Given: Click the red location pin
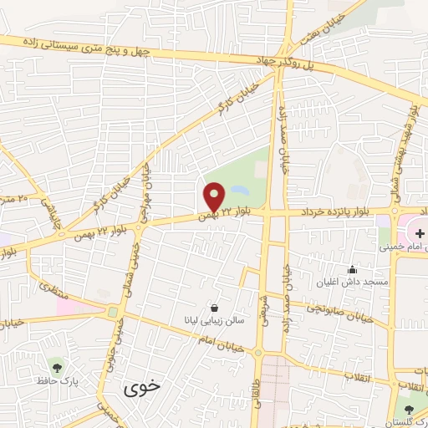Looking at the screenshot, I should pyautogui.click(x=214, y=198).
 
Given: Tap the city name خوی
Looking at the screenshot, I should pyautogui.click(x=140, y=388).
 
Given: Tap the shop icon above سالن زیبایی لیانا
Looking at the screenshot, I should pyautogui.click(x=216, y=307).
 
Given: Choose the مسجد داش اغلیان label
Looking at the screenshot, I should pyautogui.click(x=352, y=283).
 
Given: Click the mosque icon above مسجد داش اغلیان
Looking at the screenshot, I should pyautogui.click(x=352, y=269).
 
